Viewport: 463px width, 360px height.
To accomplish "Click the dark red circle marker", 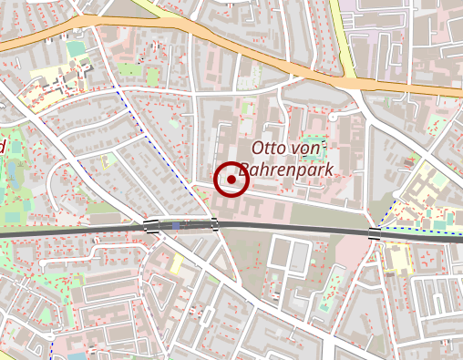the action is (231, 180).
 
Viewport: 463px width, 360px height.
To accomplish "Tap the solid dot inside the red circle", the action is (231, 180).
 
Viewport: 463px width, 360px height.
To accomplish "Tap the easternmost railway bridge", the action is (375, 232).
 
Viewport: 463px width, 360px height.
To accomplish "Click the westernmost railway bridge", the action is (150, 226).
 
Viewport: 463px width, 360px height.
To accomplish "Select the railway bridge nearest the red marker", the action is (215, 224).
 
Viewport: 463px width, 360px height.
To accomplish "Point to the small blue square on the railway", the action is (175, 224).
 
